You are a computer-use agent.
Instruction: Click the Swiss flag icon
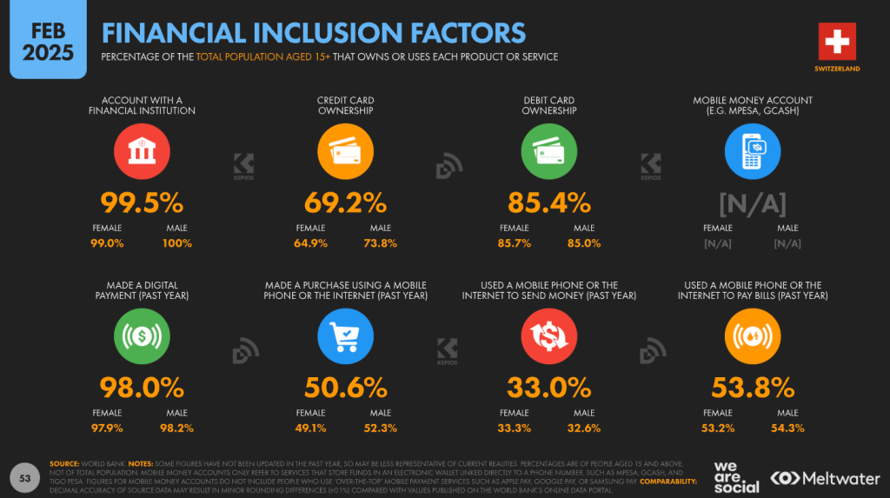837,42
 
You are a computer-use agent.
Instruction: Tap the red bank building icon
142,153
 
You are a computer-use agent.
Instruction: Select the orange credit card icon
345,153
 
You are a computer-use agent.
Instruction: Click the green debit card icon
548,153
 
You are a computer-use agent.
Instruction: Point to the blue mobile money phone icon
752,153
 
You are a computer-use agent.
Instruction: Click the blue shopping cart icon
345,339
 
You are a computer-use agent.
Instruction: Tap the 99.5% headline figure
142,203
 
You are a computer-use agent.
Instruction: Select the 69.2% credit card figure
345,203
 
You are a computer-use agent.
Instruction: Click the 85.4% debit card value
548,203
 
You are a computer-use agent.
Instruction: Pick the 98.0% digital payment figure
142,388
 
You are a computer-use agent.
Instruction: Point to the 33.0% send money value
548,388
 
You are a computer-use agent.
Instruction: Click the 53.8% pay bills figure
752,388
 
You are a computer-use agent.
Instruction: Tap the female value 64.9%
311,243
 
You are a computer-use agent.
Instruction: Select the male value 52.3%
381,428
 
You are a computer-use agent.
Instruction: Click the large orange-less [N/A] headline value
752,203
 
